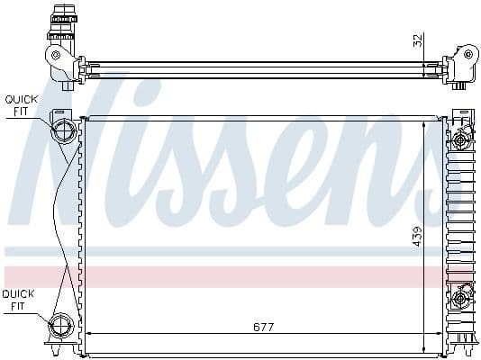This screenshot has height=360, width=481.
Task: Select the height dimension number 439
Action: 417,236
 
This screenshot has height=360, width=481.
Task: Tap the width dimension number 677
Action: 263,326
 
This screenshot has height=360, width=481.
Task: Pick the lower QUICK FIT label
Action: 18,300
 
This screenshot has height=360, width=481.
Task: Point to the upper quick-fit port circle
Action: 65,131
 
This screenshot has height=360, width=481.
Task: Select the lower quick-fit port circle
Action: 64,325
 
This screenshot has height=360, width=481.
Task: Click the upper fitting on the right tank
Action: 461,139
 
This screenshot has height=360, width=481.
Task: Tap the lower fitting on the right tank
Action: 461,298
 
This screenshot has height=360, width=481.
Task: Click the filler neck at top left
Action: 64,18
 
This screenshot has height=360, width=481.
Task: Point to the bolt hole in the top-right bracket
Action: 467,53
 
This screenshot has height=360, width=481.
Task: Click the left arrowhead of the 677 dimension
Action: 88,334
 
